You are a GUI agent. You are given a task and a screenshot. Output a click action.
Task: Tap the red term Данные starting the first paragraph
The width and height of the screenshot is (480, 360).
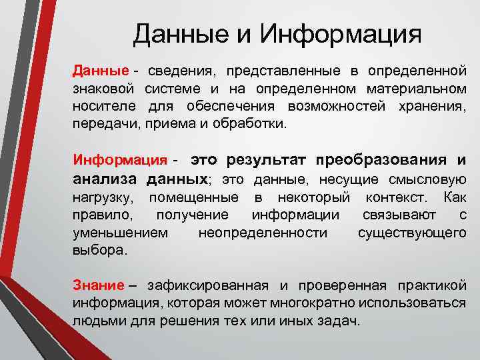[x=101, y=71]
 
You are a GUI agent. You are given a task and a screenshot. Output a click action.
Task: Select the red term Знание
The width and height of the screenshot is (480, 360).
[x=98, y=285]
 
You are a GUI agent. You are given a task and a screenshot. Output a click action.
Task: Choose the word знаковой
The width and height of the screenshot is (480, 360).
[x=104, y=89]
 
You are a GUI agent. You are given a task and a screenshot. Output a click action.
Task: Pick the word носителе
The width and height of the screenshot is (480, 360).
[x=104, y=106]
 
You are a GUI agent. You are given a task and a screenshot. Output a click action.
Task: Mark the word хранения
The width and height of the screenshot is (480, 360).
[x=433, y=106]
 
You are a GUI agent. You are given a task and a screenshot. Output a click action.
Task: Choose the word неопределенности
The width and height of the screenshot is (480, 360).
[x=263, y=232]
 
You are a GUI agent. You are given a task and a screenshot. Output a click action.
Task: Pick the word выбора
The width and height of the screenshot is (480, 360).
[x=99, y=249]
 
